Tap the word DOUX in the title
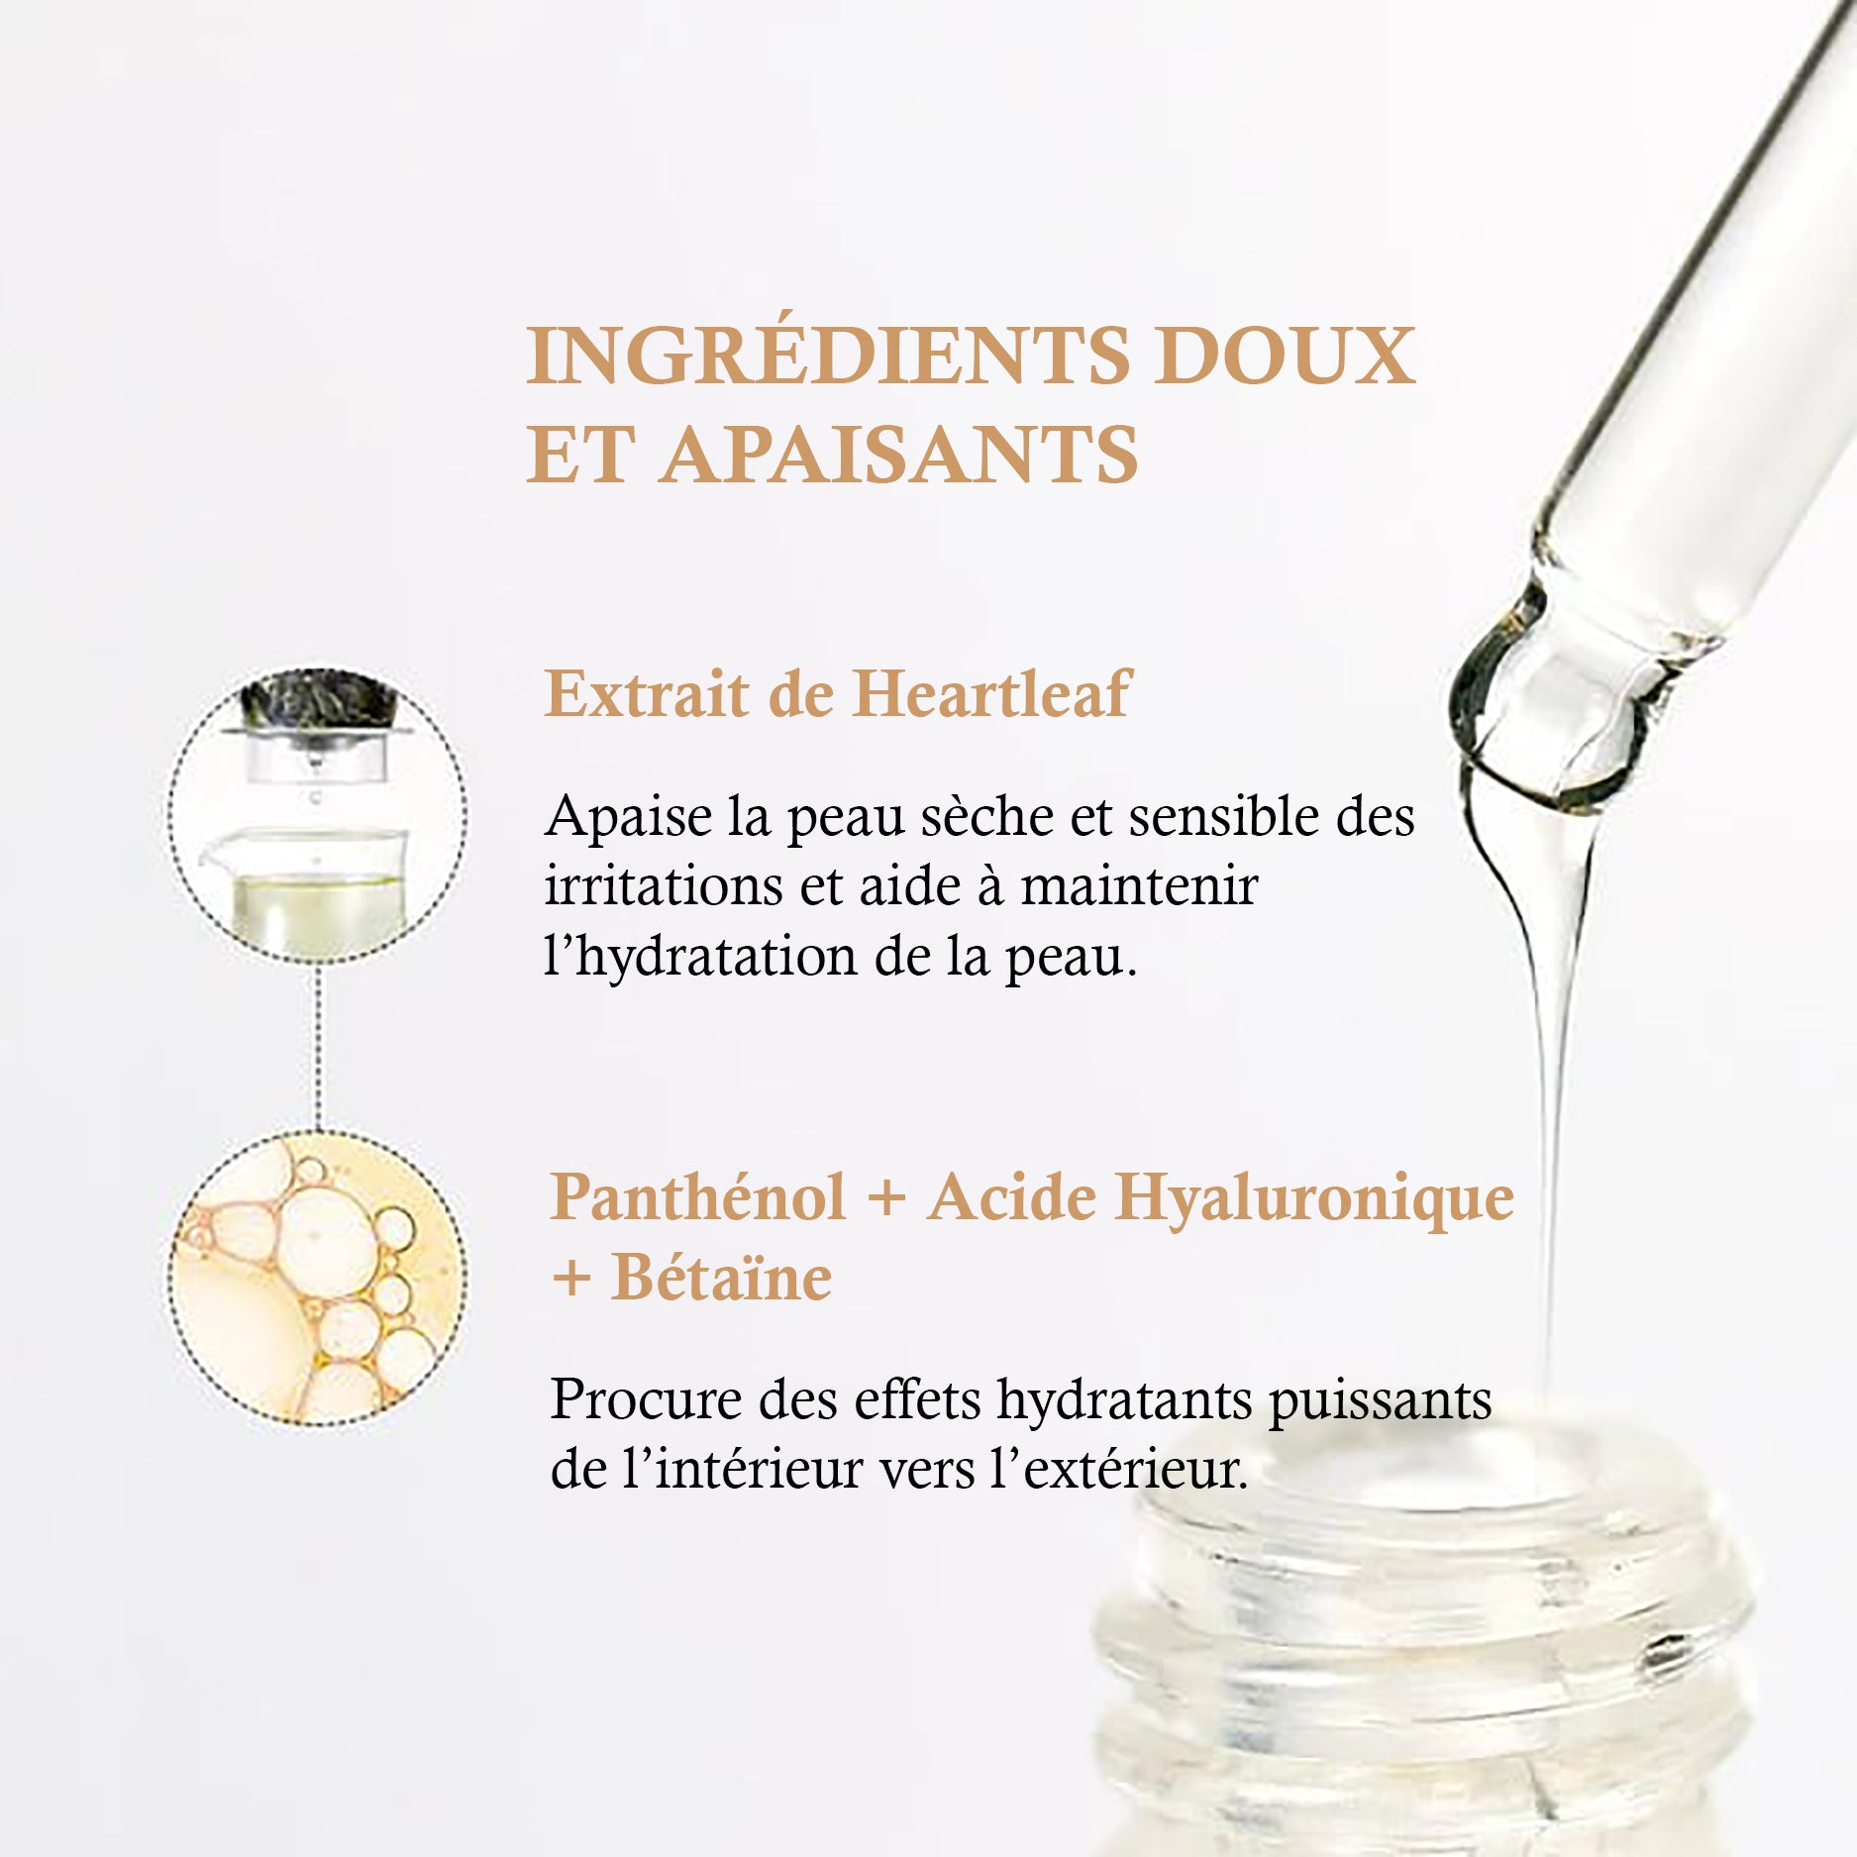click(x=1285, y=355)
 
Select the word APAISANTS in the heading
click(x=900, y=455)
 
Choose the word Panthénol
click(x=698, y=1196)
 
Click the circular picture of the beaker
click(x=317, y=814)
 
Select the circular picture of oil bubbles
click(x=317, y=1278)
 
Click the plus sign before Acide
click(x=886, y=1198)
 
